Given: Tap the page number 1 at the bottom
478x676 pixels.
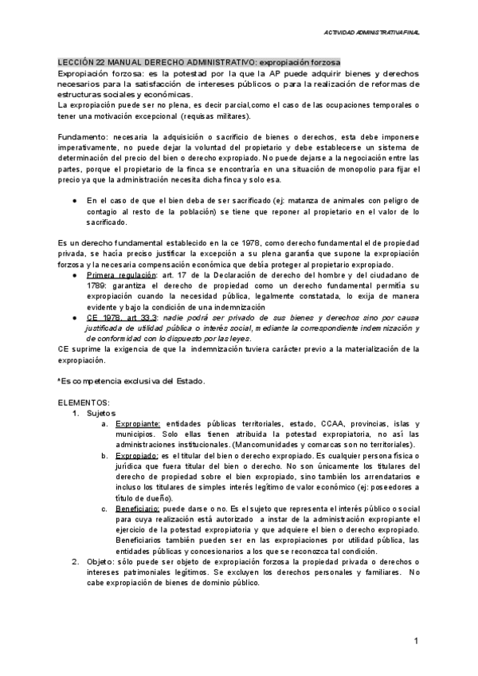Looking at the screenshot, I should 416,642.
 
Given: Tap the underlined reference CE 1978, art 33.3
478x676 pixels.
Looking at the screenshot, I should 120,317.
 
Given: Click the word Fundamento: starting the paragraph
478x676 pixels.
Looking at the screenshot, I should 84,137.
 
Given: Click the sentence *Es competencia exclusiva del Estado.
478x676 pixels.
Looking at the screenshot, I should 131,380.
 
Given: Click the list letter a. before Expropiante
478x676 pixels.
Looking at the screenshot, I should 105,423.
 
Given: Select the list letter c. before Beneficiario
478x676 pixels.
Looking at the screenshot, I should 105,508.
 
